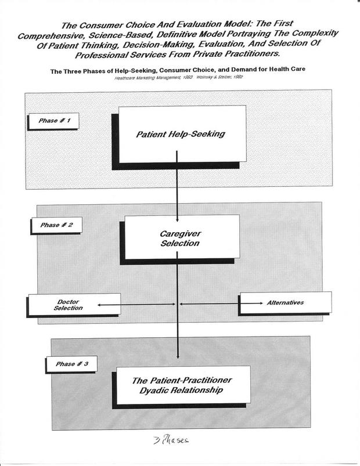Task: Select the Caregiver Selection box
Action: pos(179,238)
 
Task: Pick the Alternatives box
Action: pos(285,302)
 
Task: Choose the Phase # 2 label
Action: pos(57,225)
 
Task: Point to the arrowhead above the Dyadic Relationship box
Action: pos(179,358)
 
